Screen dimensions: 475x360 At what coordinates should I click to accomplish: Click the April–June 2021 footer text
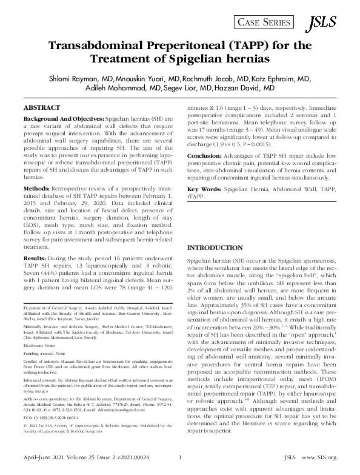(x=42, y=466)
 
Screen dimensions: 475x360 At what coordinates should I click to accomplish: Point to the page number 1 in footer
(x=181, y=466)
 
